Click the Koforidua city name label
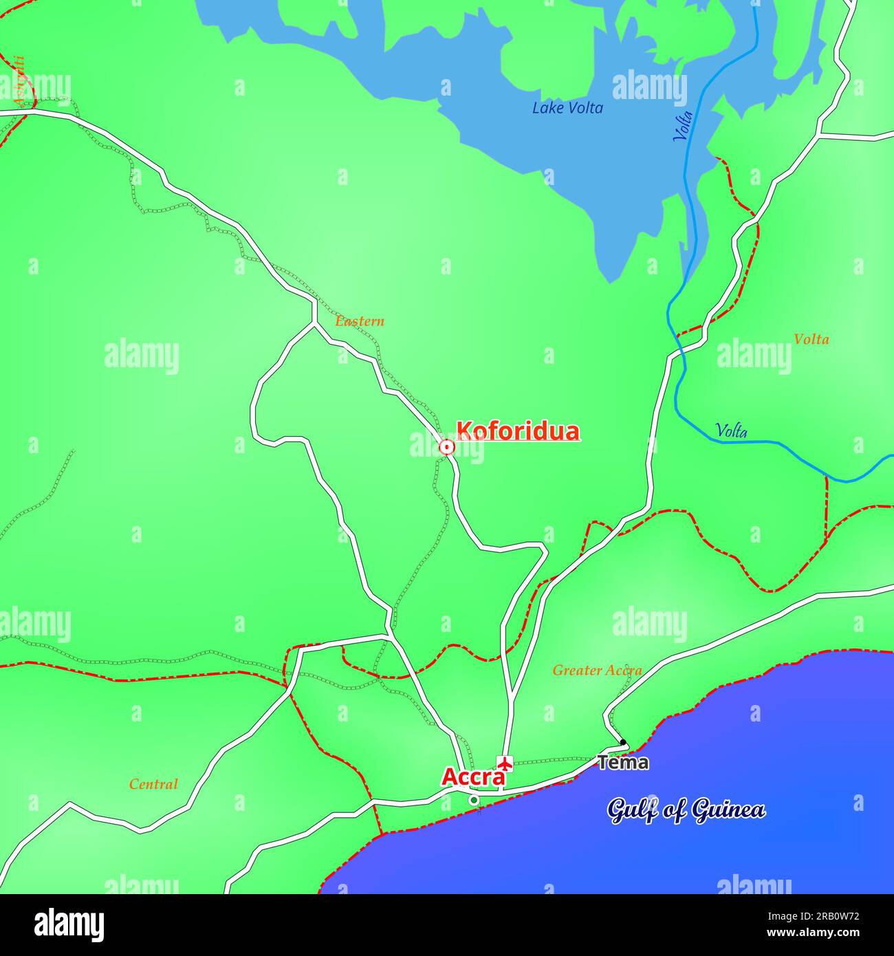(517, 431)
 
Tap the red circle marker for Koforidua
(447, 448)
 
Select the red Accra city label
(472, 776)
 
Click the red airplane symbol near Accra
(505, 763)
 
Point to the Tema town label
(622, 762)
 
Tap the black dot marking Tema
(623, 742)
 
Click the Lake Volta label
(567, 108)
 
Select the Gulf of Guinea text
(686, 810)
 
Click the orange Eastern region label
(360, 321)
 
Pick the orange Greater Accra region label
(597, 670)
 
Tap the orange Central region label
(153, 784)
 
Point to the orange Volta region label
(811, 339)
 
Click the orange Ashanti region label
(21, 81)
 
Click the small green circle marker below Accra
(473, 800)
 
